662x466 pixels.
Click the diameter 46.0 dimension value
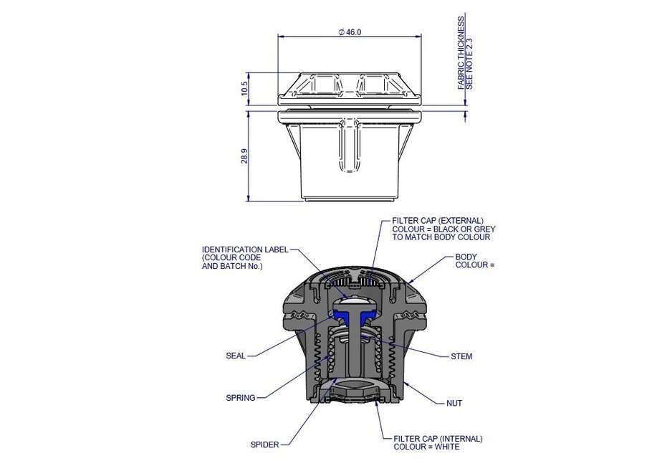coord(349,32)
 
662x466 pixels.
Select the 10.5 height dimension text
coord(245,89)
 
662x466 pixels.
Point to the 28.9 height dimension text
coord(245,157)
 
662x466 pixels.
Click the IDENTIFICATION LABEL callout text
coord(245,249)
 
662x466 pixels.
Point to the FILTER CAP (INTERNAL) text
coord(438,438)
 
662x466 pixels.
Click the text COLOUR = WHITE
coord(426,447)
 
